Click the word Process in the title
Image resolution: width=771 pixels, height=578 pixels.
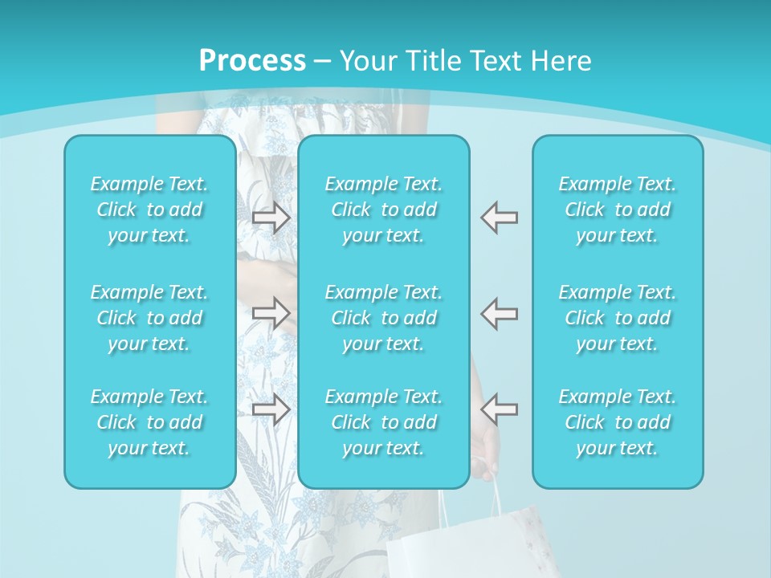[x=252, y=61]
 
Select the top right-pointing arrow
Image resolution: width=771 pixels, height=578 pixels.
[x=271, y=218]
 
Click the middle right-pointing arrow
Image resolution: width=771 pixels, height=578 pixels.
[x=271, y=312]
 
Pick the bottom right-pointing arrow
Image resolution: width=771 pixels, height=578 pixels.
[x=271, y=409]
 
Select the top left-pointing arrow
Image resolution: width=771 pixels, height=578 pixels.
[x=500, y=218]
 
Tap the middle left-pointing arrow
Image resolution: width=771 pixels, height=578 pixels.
[x=500, y=312]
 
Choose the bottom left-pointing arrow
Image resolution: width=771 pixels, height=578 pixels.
[x=500, y=409]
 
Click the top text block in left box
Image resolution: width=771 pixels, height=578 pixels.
[x=149, y=210]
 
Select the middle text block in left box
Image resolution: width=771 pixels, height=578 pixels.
[x=149, y=318]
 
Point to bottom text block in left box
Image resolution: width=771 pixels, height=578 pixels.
[x=149, y=422]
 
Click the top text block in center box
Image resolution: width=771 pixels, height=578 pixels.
[x=384, y=210]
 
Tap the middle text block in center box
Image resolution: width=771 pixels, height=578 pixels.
[x=384, y=318]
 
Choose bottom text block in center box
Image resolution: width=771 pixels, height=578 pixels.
[x=384, y=422]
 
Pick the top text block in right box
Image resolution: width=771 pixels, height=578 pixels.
[x=618, y=210]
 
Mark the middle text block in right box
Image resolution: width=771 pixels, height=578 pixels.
[x=618, y=318]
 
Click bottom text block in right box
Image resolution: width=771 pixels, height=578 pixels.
[x=618, y=422]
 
